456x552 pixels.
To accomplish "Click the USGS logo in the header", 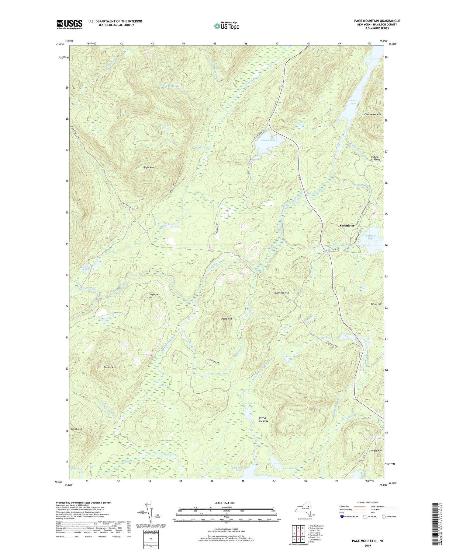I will (x=69, y=24).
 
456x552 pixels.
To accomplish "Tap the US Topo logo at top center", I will (x=227, y=26).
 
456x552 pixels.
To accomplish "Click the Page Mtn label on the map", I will (x=150, y=167).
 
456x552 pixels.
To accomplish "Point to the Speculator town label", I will (x=347, y=226).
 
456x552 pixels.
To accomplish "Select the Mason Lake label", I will (x=268, y=140).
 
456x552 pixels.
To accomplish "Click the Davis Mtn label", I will (x=226, y=319).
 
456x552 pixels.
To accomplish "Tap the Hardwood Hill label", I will (x=281, y=293).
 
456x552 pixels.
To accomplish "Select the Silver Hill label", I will (x=376, y=304).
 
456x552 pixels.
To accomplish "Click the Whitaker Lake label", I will (x=370, y=237).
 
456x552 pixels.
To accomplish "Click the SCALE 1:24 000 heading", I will (x=226, y=503).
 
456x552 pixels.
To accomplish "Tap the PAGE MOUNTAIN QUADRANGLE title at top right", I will (x=377, y=21).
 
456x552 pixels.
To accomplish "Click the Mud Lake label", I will (x=251, y=403).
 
